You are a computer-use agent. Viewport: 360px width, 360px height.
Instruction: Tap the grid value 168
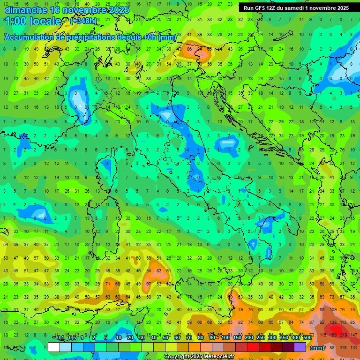pyautogui.click(x=334, y=334)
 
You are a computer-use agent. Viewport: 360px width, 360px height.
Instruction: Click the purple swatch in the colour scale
pyautogui.click(x=300, y=347)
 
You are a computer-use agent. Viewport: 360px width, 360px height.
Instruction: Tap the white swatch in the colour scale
pyautogui.click(x=54, y=347)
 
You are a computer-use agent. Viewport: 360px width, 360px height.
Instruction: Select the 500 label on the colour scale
pyautogui.click(x=307, y=337)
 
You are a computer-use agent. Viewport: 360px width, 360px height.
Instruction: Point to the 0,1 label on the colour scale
pyautogui.click(x=60, y=337)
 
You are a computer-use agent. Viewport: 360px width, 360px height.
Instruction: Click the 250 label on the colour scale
pyautogui.click(x=260, y=337)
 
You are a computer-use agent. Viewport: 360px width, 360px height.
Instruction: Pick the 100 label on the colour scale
pyautogui.click(x=225, y=337)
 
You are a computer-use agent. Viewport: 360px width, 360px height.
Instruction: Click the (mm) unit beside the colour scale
pyautogui.click(x=317, y=347)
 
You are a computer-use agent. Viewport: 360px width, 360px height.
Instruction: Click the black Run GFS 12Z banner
pyautogui.click(x=296, y=8)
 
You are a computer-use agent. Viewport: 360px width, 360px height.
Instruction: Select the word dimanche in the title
pyautogui.click(x=26, y=9)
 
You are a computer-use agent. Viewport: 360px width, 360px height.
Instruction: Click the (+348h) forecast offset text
pyautogui.click(x=83, y=21)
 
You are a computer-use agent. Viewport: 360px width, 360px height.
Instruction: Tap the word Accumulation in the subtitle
pyautogui.click(x=29, y=37)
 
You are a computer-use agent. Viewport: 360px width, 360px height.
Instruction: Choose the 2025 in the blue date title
pyautogui.click(x=115, y=9)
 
